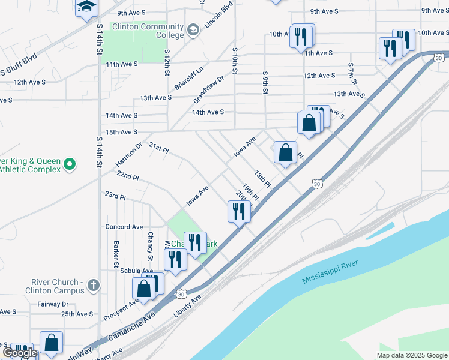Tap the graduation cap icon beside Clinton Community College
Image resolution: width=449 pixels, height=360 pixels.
[193, 30]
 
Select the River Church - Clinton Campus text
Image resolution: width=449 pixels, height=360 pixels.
[55, 286]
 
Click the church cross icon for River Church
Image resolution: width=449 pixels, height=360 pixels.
[93, 286]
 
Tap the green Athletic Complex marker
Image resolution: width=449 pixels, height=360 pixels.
[70, 163]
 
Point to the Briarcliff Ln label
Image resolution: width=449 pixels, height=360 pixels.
[189, 77]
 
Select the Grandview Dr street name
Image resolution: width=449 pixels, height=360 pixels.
[208, 88]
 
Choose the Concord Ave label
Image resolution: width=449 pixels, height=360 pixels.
[124, 227]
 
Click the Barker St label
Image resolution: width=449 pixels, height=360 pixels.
[115, 254]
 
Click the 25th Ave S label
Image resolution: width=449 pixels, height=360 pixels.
[77, 314]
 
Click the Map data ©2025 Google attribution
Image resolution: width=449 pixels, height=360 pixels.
[411, 355]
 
